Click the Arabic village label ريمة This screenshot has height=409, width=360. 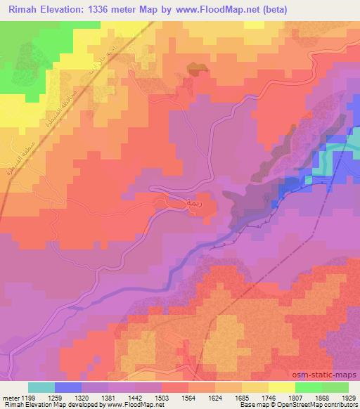pyautogui.click(x=194, y=203)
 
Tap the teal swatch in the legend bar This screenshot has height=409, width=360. pyautogui.click(x=41, y=387)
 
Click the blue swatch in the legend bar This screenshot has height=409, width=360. pyautogui.click(x=69, y=387)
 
